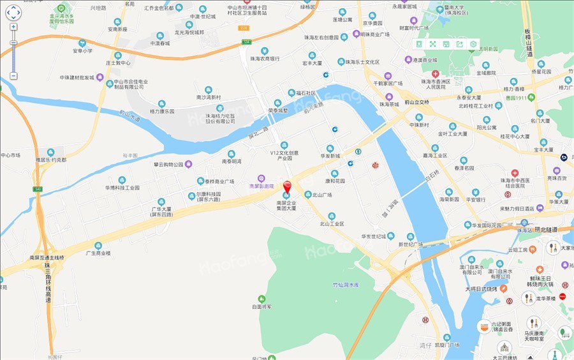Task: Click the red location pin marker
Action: point(287,187)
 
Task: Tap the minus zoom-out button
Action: point(13,76)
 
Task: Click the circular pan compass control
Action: point(13,12)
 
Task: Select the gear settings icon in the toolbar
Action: point(473,44)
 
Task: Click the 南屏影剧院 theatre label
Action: point(261,186)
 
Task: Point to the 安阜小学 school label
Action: point(82,50)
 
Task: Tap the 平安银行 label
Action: point(475,199)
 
